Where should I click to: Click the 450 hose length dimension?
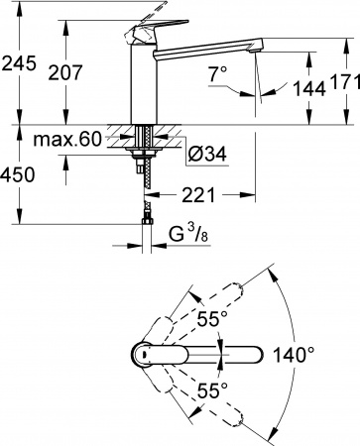click(19, 174)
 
